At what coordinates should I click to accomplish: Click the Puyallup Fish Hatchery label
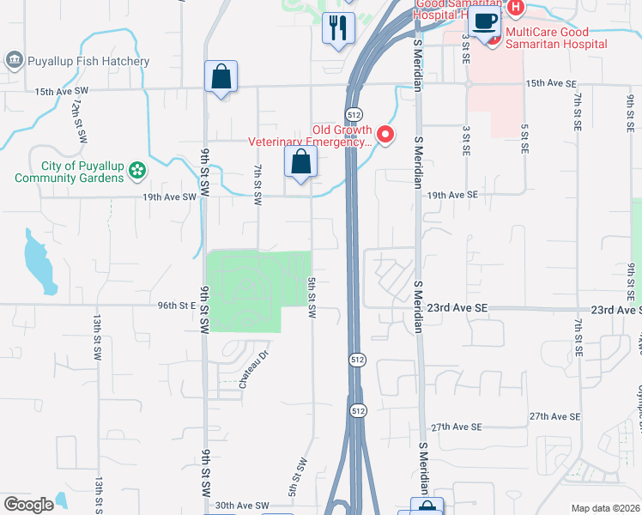(x=89, y=61)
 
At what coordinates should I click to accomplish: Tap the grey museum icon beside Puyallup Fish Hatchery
(x=15, y=60)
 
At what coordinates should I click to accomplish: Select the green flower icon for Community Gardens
(x=136, y=172)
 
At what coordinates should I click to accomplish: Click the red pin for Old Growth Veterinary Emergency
(x=385, y=134)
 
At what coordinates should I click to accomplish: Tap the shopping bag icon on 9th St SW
(x=221, y=76)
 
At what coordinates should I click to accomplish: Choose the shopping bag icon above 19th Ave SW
(x=301, y=161)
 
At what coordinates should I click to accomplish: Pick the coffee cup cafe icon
(x=484, y=21)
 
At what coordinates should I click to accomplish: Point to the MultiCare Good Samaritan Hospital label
(x=556, y=44)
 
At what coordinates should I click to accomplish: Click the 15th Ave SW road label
(x=62, y=91)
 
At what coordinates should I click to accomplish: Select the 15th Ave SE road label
(x=549, y=83)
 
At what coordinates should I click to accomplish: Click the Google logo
(x=29, y=504)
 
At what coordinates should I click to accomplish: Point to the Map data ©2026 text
(x=605, y=508)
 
